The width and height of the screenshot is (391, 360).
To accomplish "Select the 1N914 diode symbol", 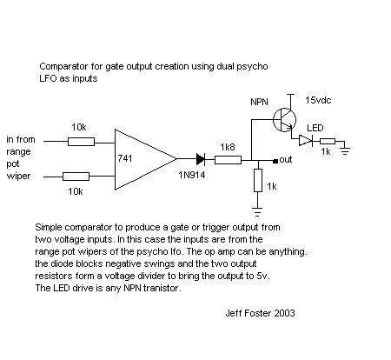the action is (201, 159).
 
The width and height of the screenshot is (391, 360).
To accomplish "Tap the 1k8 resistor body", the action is (228, 160).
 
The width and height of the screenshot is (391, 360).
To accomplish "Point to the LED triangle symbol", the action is (306, 141).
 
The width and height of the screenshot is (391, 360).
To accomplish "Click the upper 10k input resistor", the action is (81, 142).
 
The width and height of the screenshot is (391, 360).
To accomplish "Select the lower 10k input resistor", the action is (76, 177).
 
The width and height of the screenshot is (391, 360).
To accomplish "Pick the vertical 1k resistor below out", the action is (258, 180).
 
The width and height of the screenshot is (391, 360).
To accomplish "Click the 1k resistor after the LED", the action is (328, 141).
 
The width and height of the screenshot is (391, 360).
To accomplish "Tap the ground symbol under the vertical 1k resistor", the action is (257, 212).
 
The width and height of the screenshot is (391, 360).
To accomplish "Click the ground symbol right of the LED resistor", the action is (345, 151).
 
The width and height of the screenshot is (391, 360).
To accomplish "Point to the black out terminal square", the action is (275, 161).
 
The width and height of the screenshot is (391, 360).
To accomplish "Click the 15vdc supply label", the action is (318, 100).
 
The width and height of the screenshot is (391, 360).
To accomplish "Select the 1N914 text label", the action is (192, 175).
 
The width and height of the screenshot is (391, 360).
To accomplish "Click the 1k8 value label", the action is (228, 147).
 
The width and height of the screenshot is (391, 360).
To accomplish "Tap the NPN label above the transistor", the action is (259, 102).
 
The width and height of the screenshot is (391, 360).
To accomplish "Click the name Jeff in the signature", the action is (234, 313).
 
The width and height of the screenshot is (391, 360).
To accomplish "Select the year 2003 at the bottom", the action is (284, 313).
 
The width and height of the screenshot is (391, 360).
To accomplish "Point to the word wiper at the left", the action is (18, 176).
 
